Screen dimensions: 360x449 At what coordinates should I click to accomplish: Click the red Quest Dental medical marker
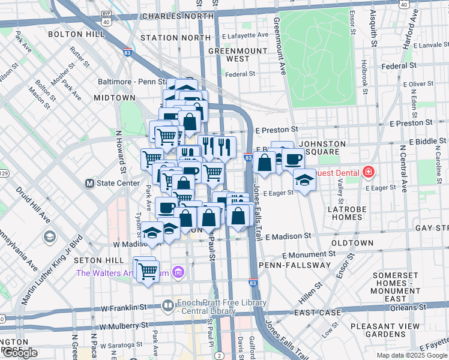click(367, 173)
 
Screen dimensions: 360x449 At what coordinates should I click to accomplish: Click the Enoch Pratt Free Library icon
click(167, 305)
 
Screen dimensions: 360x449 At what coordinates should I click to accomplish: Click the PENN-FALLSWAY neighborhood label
click(295, 265)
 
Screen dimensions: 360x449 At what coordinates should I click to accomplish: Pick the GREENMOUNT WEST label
click(237, 55)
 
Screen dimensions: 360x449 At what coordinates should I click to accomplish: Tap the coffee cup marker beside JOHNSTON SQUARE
click(294, 160)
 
